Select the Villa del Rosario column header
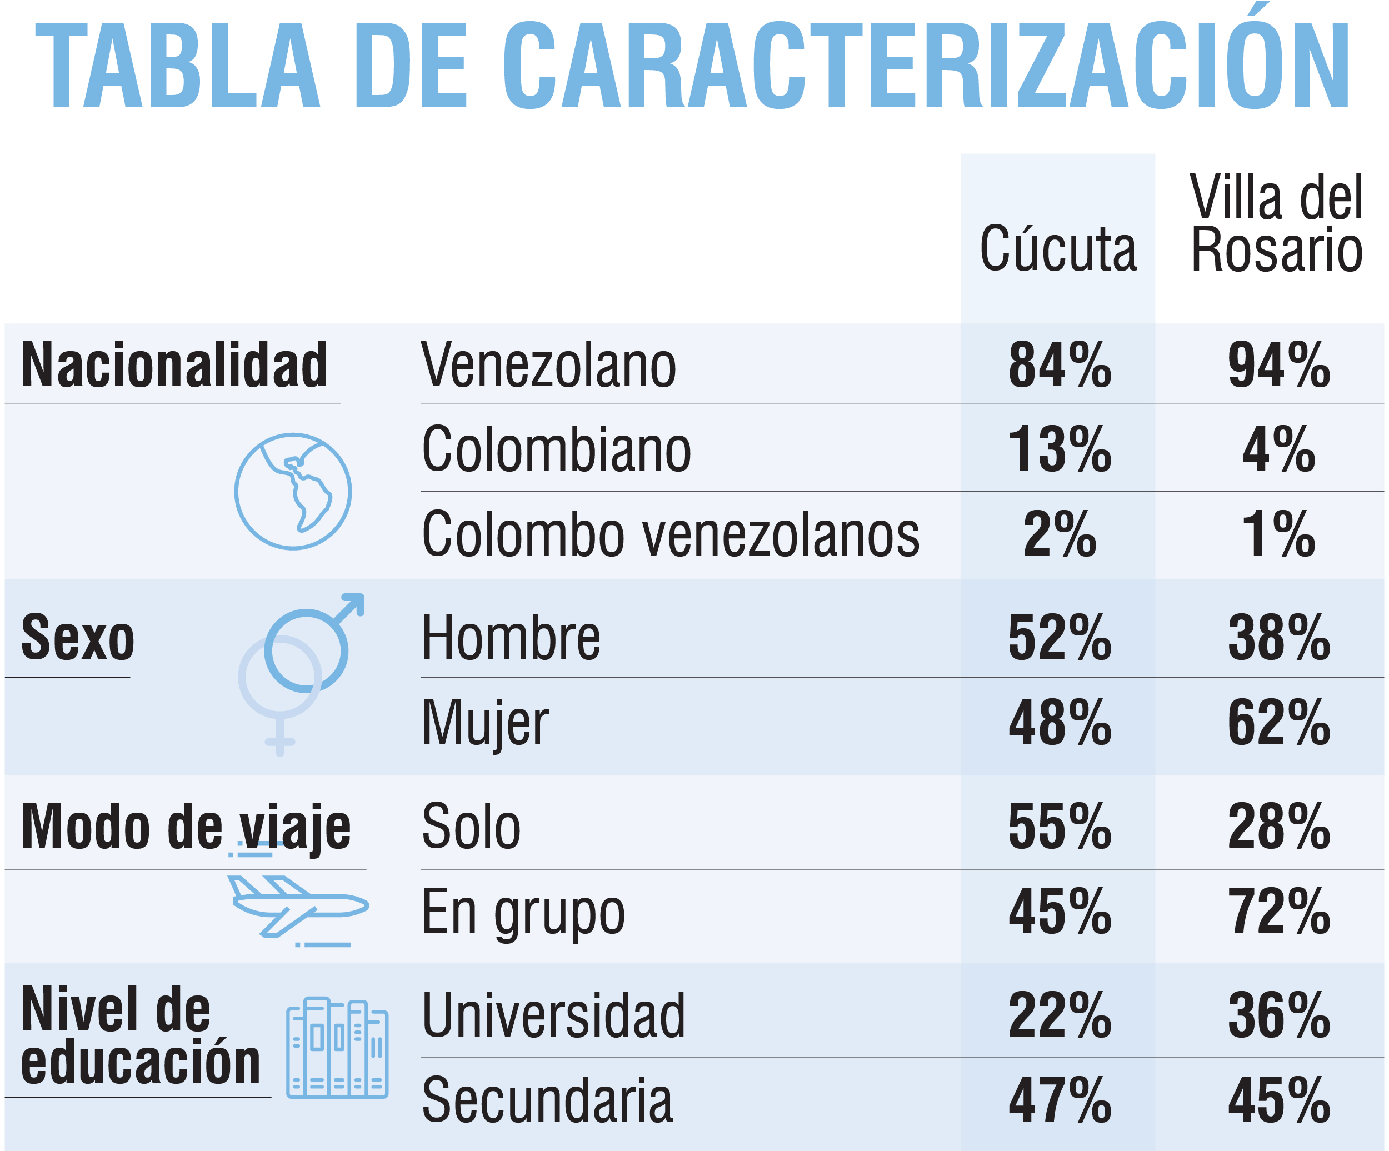[1277, 223]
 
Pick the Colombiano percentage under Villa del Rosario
[1278, 450]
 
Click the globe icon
[293, 491]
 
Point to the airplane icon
[298, 906]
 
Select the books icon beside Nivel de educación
[337, 1048]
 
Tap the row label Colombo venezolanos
[671, 534]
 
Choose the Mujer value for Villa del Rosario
[1278, 723]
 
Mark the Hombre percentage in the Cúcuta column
[1059, 638]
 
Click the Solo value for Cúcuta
[1059, 827]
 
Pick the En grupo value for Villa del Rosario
[1278, 912]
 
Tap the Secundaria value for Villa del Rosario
[1278, 1102]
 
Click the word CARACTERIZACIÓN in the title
[926, 66]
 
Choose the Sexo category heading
[78, 638]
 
